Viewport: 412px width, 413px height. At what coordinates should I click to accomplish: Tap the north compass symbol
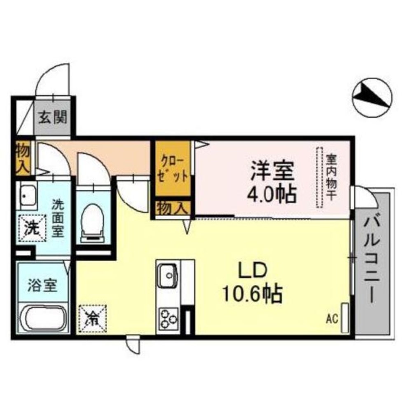click(372, 97)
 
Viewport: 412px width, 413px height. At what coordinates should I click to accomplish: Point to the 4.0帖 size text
click(271, 194)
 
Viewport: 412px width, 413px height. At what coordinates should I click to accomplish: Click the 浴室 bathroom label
click(42, 285)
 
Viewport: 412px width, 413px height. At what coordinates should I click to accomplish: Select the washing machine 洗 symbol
click(32, 228)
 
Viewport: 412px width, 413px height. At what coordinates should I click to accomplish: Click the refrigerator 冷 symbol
click(93, 318)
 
